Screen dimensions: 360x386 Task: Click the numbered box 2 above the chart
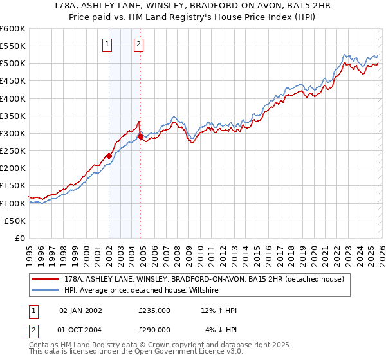click(x=138, y=44)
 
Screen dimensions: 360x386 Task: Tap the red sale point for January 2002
click(x=109, y=156)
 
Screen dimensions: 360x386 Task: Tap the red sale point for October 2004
click(x=140, y=136)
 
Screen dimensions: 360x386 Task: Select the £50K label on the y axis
click(x=15, y=221)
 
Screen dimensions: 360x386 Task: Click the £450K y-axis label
click(x=13, y=81)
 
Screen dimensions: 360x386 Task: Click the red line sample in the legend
click(x=46, y=279)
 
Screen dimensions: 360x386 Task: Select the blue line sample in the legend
click(x=46, y=291)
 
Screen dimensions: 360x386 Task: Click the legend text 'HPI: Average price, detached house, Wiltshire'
click(x=142, y=291)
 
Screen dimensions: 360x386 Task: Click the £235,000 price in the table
click(x=154, y=310)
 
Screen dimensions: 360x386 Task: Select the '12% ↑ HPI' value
click(x=219, y=310)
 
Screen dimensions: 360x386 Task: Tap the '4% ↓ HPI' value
click(x=221, y=330)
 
